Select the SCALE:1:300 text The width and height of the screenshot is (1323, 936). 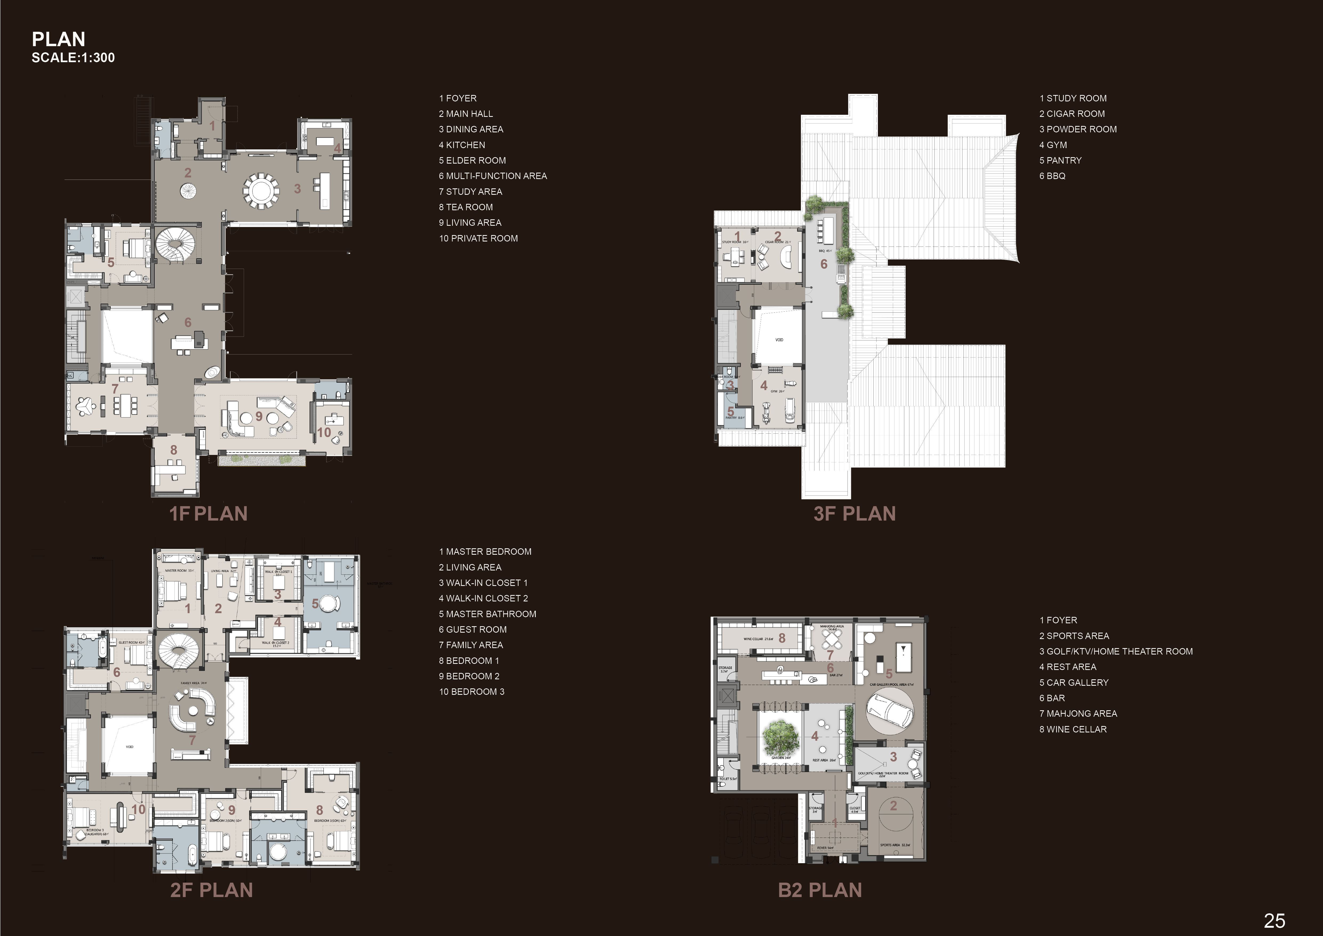73,58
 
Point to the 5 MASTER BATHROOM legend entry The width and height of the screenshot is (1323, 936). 487,614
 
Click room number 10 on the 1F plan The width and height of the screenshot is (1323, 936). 324,432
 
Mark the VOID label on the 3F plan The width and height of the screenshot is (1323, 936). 779,340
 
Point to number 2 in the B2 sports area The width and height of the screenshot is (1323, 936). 893,806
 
